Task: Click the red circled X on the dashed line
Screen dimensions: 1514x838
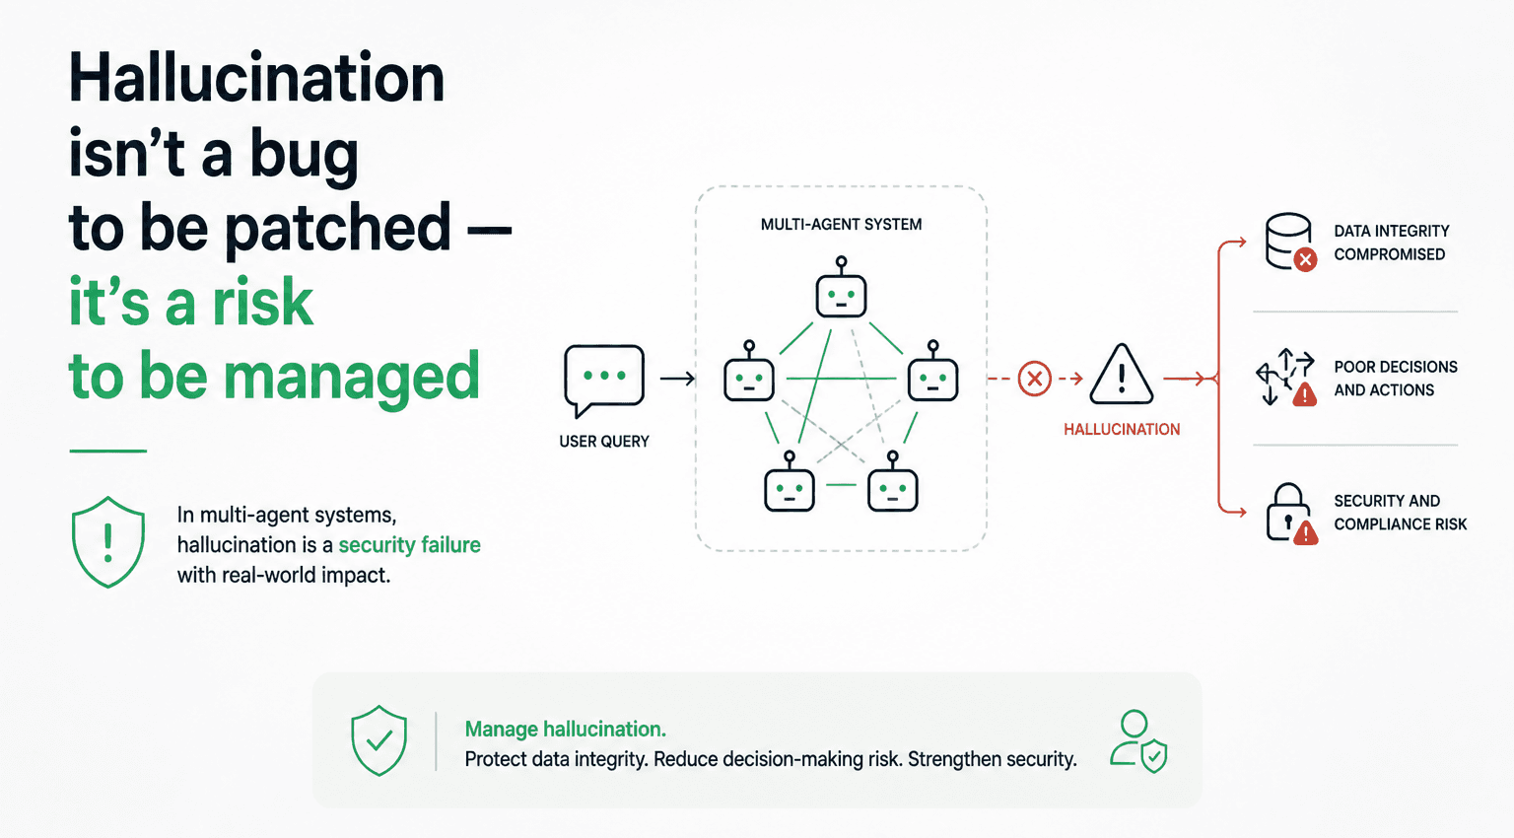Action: (x=1034, y=379)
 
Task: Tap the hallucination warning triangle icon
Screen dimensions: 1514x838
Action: (x=1122, y=375)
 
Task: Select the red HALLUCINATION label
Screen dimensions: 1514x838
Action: (x=1122, y=429)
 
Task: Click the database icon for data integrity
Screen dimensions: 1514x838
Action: (x=1289, y=242)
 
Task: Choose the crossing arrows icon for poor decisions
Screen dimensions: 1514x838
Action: (x=1286, y=377)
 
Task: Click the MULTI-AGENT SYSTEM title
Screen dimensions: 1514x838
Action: (x=841, y=225)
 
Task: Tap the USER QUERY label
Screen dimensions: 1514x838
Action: (x=603, y=442)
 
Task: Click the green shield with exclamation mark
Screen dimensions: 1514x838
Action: (x=108, y=542)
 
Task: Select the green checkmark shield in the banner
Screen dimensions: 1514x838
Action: (x=379, y=740)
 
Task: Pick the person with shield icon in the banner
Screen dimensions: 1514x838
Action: (x=1138, y=741)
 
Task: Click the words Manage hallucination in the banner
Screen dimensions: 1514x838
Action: (x=565, y=730)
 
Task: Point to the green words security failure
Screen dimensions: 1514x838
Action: (x=410, y=544)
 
